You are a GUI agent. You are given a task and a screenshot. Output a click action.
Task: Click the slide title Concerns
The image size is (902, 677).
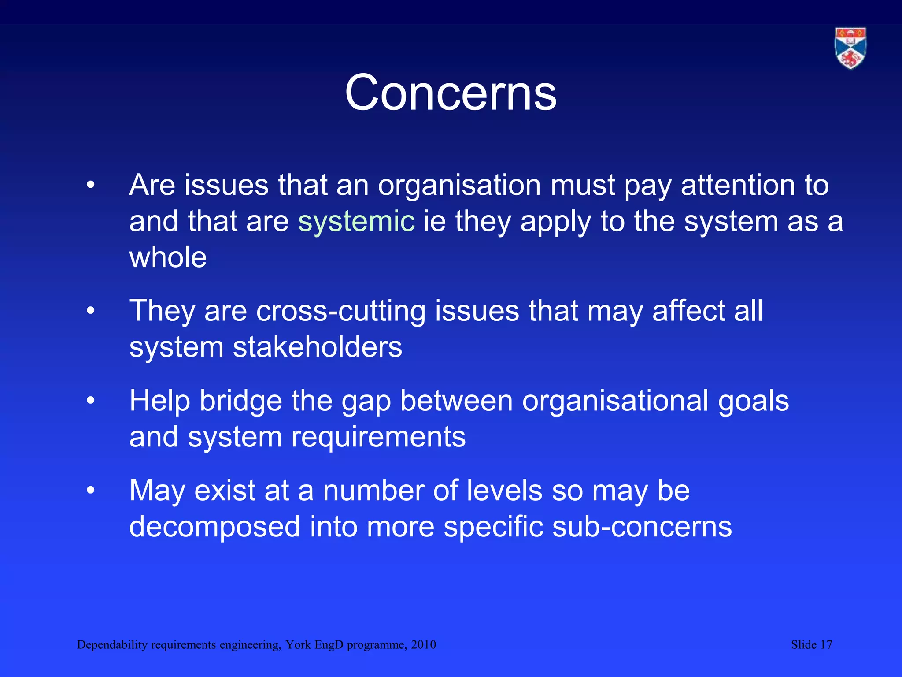click(451, 93)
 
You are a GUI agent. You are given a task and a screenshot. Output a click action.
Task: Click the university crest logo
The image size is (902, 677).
click(850, 48)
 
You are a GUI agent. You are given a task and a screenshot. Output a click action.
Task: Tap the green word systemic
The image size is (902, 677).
click(356, 221)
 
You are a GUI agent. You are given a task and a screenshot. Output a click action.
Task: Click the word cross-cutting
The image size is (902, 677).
click(341, 311)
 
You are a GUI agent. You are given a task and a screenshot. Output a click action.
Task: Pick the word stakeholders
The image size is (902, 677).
click(317, 347)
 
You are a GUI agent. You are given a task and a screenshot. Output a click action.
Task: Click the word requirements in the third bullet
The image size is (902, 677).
click(378, 437)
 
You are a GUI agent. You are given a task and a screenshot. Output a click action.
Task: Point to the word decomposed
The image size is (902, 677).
click(214, 527)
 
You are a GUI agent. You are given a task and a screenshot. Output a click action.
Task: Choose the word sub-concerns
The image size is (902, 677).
click(642, 527)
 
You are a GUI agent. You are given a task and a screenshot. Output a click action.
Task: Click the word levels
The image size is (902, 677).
click(504, 491)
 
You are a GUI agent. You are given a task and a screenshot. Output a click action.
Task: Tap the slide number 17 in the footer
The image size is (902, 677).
click(826, 645)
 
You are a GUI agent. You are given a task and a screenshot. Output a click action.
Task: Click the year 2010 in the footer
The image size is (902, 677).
click(423, 645)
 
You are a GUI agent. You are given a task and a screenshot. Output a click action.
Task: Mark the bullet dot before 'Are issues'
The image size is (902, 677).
click(91, 186)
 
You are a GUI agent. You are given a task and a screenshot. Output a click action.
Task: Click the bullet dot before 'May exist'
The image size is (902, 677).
click(91, 491)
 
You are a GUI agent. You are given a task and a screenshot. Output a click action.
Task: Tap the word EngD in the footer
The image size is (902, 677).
click(329, 645)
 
